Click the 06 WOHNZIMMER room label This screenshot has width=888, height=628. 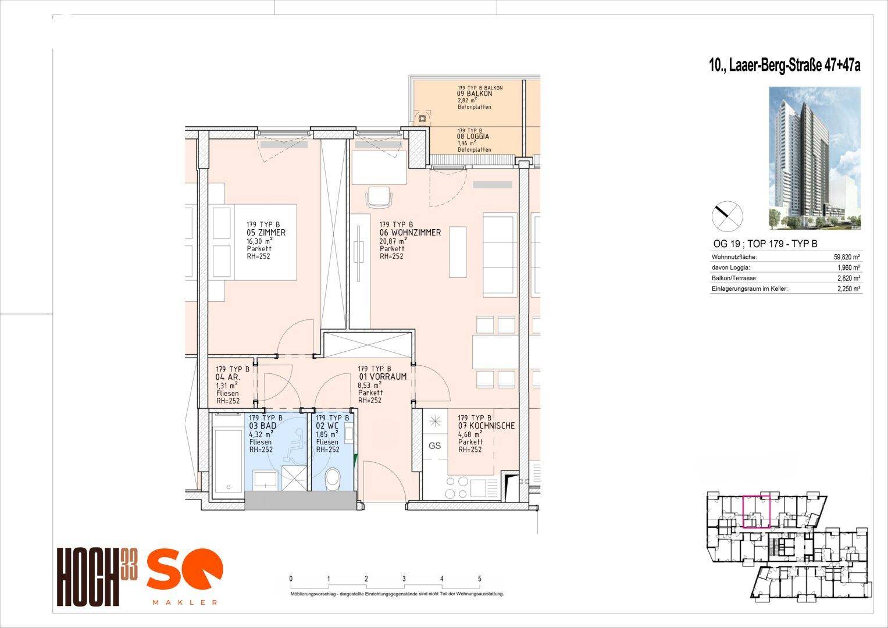[x=410, y=233]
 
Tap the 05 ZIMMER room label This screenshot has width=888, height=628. [x=266, y=233]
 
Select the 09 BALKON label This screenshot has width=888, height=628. [x=475, y=94]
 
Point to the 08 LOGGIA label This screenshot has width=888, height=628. [x=473, y=137]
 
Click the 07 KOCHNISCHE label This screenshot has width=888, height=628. [x=486, y=426]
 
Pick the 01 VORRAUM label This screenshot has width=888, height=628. [x=382, y=377]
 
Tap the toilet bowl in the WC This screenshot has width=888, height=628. [x=332, y=479]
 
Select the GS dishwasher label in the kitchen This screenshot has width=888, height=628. [x=434, y=445]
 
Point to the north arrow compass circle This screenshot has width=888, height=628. [x=727, y=216]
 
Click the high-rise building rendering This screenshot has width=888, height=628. [x=815, y=158]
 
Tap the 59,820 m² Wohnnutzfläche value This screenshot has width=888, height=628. [x=847, y=257]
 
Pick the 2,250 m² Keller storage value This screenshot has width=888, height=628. [x=848, y=289]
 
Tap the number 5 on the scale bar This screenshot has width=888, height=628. [x=479, y=579]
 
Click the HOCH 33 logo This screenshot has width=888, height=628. [x=98, y=576]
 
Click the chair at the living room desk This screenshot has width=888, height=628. [x=379, y=196]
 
